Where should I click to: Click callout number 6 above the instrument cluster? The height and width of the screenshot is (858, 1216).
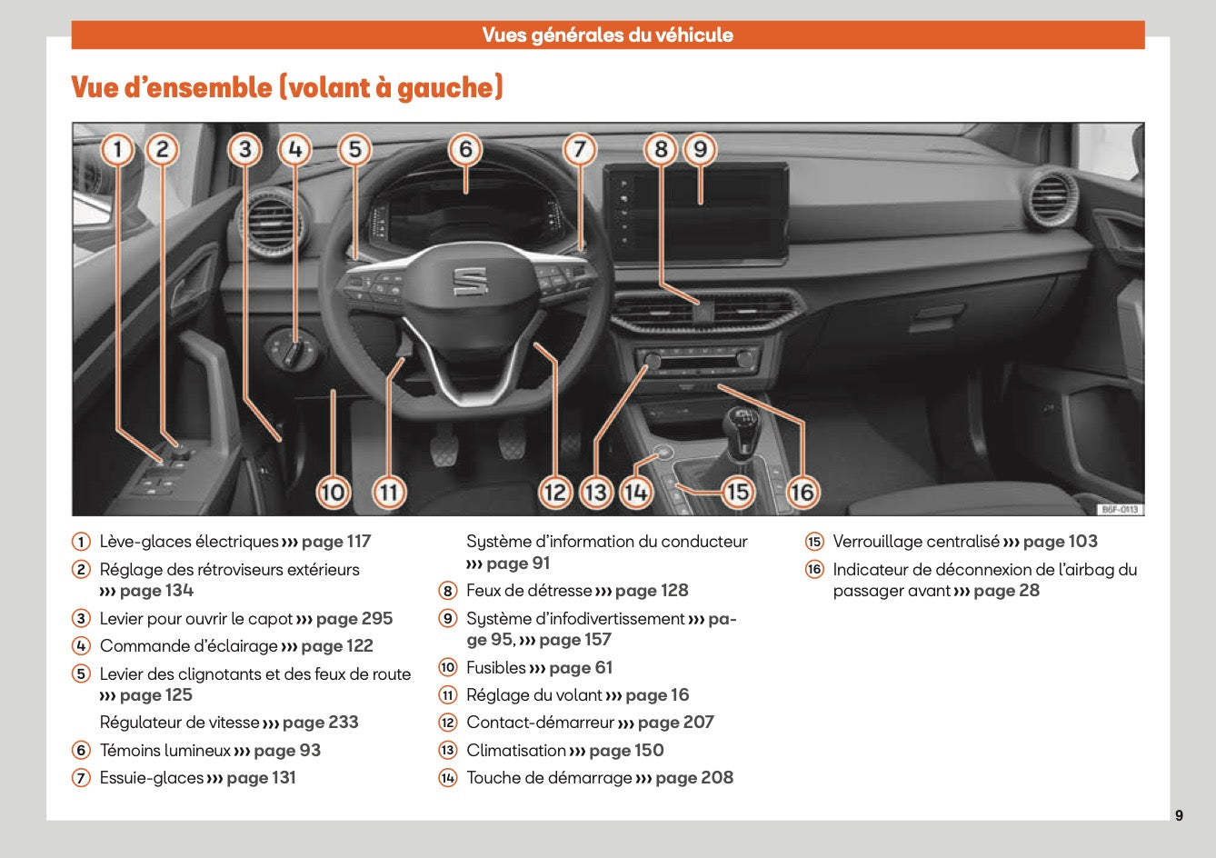pyautogui.click(x=465, y=148)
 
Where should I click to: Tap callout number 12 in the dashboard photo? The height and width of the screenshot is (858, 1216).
pyautogui.click(x=554, y=492)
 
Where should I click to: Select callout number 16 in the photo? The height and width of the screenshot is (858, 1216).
pyautogui.click(x=802, y=492)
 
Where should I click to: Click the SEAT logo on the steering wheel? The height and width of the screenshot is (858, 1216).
pyautogui.click(x=471, y=281)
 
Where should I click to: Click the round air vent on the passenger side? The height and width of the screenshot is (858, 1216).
pyautogui.click(x=1050, y=198)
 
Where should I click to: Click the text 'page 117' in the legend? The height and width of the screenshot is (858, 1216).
pyautogui.click(x=336, y=542)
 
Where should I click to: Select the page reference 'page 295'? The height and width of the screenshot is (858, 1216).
pyautogui.click(x=354, y=619)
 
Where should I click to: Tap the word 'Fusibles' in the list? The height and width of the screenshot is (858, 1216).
pyautogui.click(x=496, y=668)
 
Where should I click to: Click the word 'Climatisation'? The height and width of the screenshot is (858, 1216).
pyautogui.click(x=515, y=751)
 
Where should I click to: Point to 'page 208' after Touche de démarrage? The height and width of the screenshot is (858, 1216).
pyautogui.click(x=694, y=778)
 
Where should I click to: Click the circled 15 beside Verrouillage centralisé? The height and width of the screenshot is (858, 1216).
pyautogui.click(x=814, y=542)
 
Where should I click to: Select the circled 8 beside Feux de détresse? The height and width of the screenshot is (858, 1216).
pyautogui.click(x=447, y=591)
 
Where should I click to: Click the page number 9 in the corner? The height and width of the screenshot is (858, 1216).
pyautogui.click(x=1179, y=815)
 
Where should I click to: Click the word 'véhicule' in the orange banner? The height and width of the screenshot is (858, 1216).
pyautogui.click(x=693, y=35)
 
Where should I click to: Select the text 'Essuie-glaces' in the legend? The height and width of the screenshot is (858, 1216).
pyautogui.click(x=152, y=778)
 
